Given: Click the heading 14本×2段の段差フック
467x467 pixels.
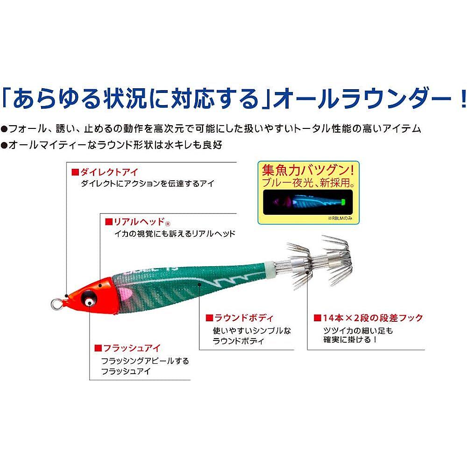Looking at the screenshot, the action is pyautogui.click(x=372, y=318).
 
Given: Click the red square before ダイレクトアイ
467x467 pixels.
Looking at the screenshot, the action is pyautogui.click(x=74, y=172).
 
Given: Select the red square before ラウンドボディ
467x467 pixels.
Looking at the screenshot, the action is pyautogui.click(x=209, y=318).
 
